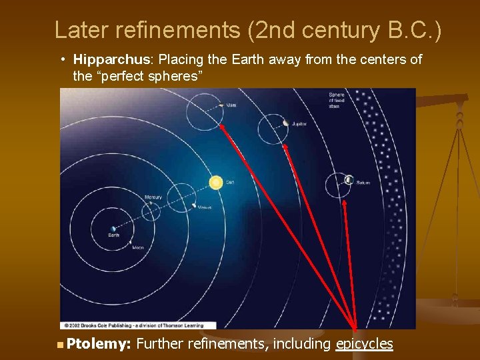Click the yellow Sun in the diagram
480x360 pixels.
pyautogui.click(x=215, y=181)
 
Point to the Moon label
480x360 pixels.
pyautogui.click(x=137, y=247)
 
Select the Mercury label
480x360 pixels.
pyautogui.click(x=153, y=197)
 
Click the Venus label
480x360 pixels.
pyautogui.click(x=204, y=207)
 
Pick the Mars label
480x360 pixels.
pyautogui.click(x=231, y=105)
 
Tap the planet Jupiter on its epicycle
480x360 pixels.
pyautogui.click(x=285, y=123)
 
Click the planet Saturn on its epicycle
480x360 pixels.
pyautogui.click(x=348, y=179)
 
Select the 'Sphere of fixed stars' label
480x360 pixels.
pyautogui.click(x=337, y=99)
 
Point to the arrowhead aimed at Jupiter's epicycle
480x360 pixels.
pyautogui.click(x=285, y=146)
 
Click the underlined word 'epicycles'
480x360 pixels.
pyautogui.click(x=365, y=344)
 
